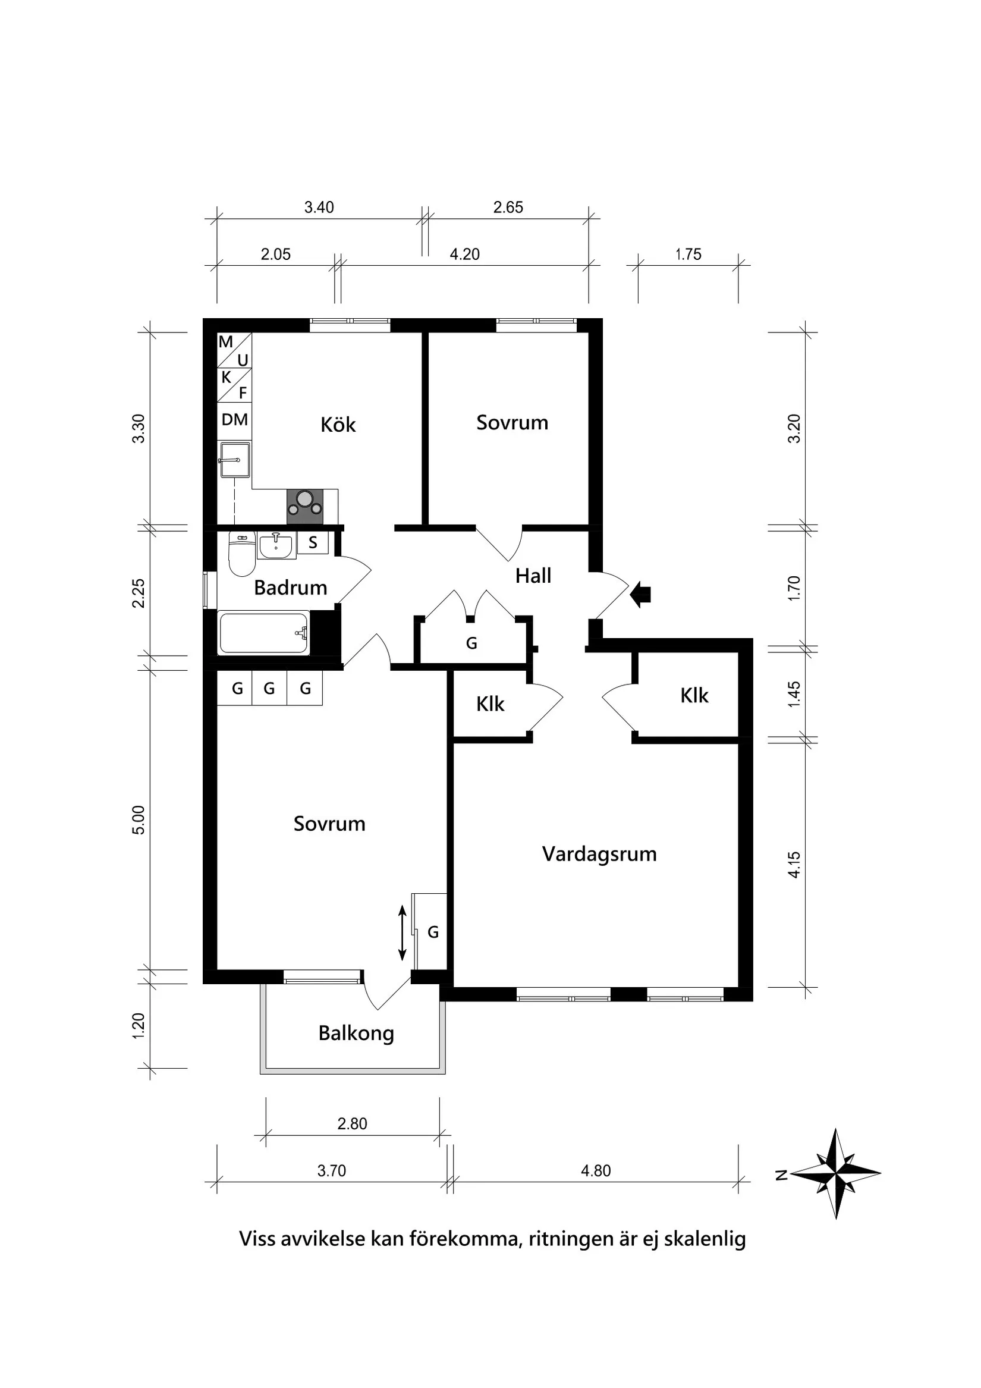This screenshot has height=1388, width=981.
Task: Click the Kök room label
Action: (x=338, y=425)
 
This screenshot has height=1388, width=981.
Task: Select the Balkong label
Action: (x=356, y=1033)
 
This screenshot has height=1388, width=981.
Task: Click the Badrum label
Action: (x=290, y=588)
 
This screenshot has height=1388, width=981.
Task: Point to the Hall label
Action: (x=533, y=576)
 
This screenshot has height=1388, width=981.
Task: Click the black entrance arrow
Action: (x=640, y=595)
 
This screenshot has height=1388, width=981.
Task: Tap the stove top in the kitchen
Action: (x=304, y=507)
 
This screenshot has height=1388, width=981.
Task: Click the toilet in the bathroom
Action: (x=242, y=555)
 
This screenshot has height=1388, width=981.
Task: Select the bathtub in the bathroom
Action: (x=263, y=633)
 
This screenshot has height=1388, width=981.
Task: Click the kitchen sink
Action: (x=234, y=460)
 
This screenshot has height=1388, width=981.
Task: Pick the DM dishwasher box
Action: (x=234, y=419)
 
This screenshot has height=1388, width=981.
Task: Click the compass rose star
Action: (x=835, y=1173)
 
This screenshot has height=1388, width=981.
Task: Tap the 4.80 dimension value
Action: (x=596, y=1171)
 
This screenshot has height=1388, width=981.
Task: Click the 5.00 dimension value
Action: (x=139, y=820)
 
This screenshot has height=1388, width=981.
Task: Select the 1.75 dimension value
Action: (x=688, y=255)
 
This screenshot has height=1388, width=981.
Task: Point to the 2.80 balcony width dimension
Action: (x=353, y=1124)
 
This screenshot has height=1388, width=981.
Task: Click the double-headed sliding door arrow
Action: (x=402, y=933)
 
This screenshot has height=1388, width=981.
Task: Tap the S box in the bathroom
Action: (x=313, y=542)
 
